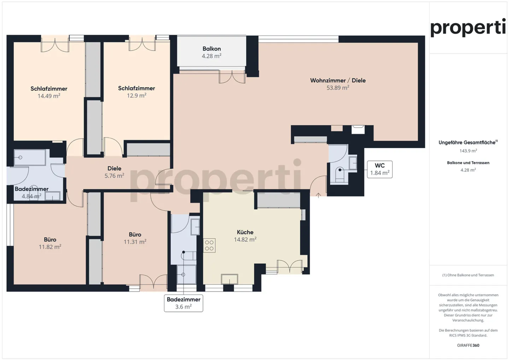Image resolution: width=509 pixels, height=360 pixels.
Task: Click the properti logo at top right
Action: tap(468, 28)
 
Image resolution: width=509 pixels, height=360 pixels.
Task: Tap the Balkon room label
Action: tap(211, 49)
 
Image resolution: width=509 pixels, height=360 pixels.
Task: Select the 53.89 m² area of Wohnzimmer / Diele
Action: tap(338, 88)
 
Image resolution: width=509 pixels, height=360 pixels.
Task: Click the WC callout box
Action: tap(380, 169)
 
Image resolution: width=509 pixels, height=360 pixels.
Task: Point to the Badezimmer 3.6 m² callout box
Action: tap(183, 303)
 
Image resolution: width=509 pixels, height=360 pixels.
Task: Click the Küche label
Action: tap(245, 232)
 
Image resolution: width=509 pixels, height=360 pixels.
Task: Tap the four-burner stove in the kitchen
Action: tap(209, 245)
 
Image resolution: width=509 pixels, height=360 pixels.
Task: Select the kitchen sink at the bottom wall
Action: tap(229, 279)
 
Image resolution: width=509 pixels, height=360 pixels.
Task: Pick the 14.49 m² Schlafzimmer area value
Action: tap(49, 96)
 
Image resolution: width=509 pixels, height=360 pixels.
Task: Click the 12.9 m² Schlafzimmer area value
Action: tap(136, 96)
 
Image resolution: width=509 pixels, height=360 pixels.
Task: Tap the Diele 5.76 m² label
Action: tap(114, 172)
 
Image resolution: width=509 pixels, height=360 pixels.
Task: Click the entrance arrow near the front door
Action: tap(318, 195)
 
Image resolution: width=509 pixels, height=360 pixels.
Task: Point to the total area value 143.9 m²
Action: tap(468, 151)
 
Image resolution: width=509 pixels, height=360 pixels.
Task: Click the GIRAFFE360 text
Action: tap(468, 345)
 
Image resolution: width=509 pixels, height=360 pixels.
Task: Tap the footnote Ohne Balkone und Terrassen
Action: tap(468, 275)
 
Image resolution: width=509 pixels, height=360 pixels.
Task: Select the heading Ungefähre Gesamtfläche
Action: tap(467, 142)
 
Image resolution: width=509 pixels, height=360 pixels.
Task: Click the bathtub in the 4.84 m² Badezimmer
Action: tap(30, 158)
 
